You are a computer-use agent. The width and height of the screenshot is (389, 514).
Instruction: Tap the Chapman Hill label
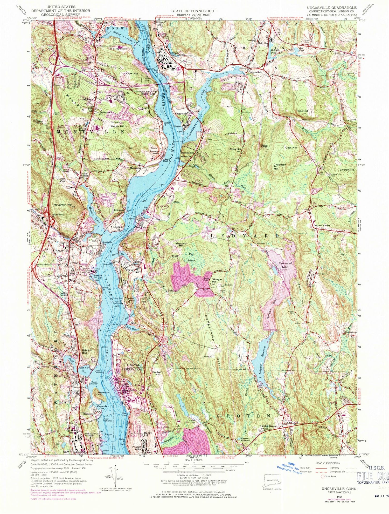click(x=280, y=166)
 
